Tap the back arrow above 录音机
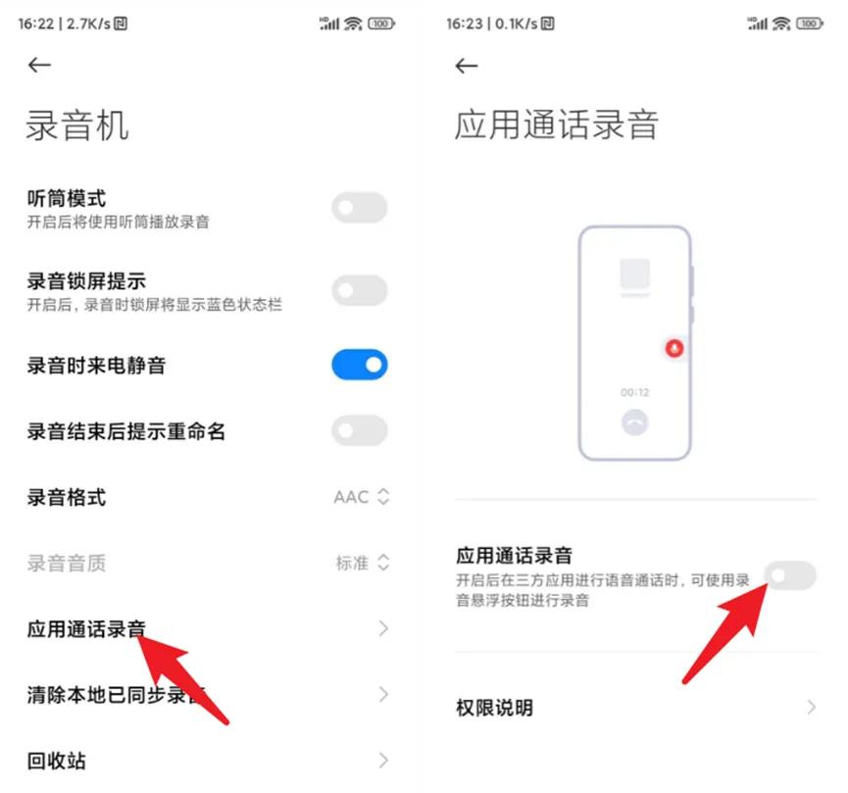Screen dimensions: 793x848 pos(39,66)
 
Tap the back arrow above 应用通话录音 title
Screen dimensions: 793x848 pos(467,66)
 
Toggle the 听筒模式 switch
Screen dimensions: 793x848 pos(360,208)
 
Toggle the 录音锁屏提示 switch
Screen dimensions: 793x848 pos(360,290)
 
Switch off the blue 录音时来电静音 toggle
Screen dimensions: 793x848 pos(360,366)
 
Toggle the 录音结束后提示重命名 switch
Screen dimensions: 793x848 pos(360,430)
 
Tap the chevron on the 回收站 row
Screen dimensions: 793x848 pos(383,760)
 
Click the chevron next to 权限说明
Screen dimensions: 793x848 pos(811,707)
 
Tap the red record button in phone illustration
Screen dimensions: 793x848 pos(673,348)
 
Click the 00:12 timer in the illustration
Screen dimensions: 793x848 pos(634,392)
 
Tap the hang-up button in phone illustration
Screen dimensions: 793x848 pos(634,422)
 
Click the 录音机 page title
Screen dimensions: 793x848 pos(77,126)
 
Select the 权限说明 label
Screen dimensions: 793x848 pos(494,708)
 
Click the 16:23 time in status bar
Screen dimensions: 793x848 pos(464,24)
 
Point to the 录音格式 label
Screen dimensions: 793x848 pos(66,498)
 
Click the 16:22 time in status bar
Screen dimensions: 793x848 pos(34,24)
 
